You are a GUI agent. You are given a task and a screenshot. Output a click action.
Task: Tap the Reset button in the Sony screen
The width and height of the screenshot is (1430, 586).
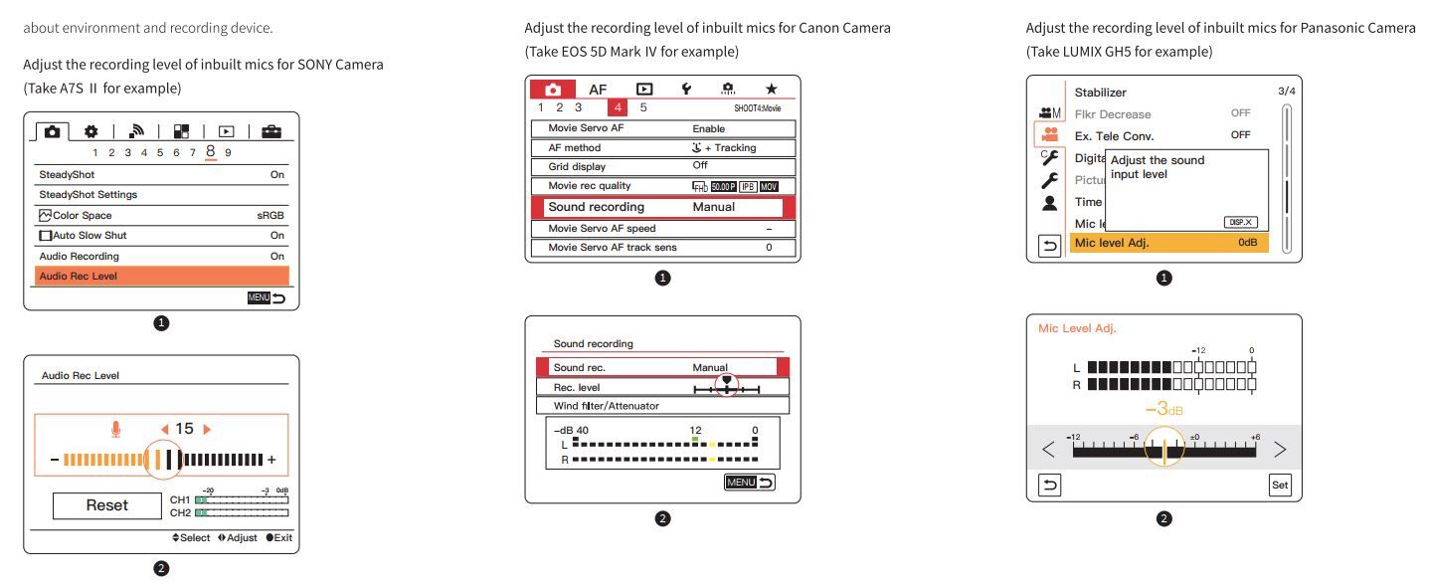coord(106,504)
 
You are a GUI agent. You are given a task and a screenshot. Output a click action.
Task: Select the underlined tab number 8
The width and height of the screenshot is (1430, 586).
coord(212,152)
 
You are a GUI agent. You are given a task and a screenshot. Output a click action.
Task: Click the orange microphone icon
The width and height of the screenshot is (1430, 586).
coord(116,429)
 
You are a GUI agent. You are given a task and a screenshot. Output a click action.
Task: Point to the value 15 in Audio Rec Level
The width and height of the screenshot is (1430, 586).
coord(184,429)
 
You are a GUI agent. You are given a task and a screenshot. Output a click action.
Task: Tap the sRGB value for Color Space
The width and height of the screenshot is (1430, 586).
coord(270,215)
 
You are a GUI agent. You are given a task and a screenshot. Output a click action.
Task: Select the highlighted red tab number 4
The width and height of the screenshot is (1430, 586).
coord(618,107)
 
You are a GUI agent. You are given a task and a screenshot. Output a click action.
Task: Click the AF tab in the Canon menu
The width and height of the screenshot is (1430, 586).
coord(598,89)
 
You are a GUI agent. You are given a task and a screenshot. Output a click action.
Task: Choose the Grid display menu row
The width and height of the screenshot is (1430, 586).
coord(661,166)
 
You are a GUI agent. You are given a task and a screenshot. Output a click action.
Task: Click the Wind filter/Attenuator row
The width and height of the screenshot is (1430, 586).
coord(661,405)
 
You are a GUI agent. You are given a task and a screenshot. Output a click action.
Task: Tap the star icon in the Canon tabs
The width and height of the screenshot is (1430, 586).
coord(771,89)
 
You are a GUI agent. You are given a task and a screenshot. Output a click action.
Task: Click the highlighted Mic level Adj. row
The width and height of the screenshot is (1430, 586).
coord(1168,243)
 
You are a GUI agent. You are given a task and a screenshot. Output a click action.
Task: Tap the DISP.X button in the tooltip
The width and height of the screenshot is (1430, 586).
coord(1239,222)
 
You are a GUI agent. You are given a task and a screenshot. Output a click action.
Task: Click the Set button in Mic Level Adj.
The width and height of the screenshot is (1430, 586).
coord(1280,486)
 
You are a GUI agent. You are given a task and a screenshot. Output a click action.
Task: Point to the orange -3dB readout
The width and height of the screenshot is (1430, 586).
coord(1162,409)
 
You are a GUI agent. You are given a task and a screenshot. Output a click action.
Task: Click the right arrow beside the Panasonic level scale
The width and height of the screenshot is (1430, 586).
coord(1280,449)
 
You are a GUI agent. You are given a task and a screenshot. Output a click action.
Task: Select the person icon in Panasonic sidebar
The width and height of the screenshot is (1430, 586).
coord(1049,203)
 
